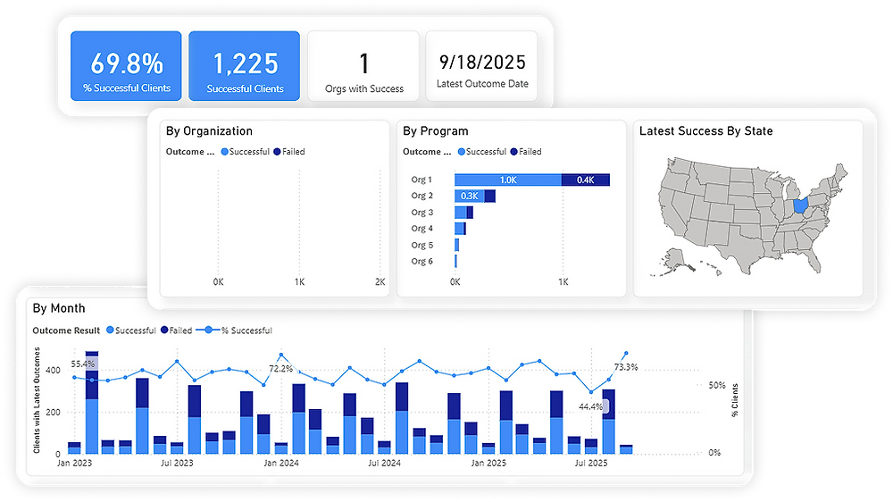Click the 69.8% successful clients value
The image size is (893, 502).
(126, 63)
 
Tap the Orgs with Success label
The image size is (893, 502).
(363, 89)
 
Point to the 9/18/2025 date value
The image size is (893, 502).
(482, 63)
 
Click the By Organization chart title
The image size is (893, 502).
(209, 131)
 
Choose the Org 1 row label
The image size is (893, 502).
(421, 180)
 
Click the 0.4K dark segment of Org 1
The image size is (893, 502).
(585, 180)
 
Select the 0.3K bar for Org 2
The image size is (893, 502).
(469, 196)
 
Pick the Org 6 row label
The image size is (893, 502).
(421, 261)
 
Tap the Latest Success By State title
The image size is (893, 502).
(706, 131)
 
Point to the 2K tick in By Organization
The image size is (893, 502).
(380, 282)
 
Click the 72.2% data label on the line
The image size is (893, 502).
(281, 368)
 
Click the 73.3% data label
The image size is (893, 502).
(626, 367)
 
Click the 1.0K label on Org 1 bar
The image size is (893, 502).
(508, 180)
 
